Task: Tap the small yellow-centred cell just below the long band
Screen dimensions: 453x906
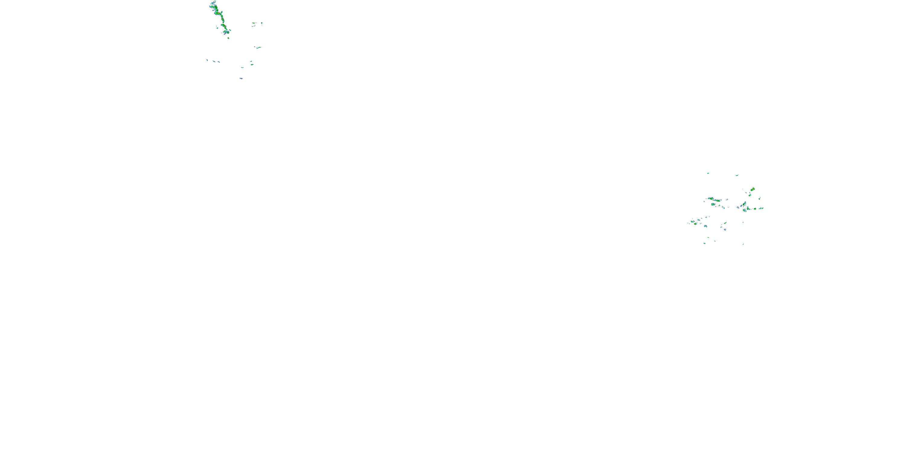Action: (228, 38)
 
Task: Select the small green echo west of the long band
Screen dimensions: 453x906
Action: (217, 27)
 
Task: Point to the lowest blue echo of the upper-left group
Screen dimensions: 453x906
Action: (241, 79)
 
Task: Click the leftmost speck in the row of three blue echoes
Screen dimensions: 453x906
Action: (207, 60)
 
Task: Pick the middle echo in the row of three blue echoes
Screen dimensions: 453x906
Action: (214, 62)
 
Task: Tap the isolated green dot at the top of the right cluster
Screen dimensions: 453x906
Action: (708, 173)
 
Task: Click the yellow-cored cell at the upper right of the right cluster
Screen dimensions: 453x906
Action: (752, 189)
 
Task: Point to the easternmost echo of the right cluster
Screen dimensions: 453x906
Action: (762, 208)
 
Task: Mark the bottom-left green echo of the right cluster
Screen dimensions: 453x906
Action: (705, 243)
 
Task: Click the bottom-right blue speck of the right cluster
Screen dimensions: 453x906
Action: (743, 244)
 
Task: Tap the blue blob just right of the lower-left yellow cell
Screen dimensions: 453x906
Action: (705, 226)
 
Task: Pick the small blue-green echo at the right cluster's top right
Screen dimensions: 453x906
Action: (737, 175)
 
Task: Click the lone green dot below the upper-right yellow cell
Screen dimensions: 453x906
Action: (750, 195)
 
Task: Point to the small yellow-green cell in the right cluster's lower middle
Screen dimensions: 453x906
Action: (724, 224)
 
